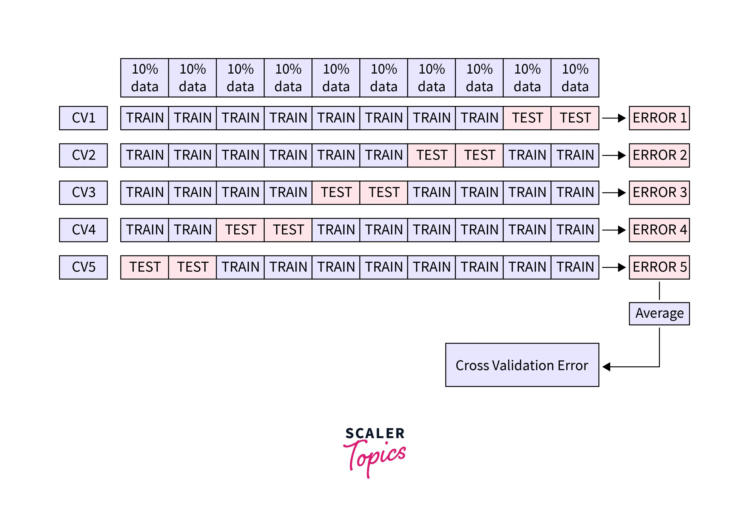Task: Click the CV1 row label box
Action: tap(83, 118)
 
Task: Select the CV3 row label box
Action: tap(83, 193)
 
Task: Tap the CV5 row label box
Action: tap(83, 267)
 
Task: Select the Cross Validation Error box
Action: tap(522, 365)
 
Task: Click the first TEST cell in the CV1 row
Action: tap(527, 118)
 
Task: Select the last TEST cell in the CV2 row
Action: tap(479, 155)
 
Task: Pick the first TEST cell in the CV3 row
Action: tap(336, 193)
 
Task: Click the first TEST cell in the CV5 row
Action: tap(145, 267)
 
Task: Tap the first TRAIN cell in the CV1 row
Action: tap(145, 118)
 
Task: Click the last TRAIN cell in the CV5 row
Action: tap(575, 267)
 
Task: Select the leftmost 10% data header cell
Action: tap(145, 78)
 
